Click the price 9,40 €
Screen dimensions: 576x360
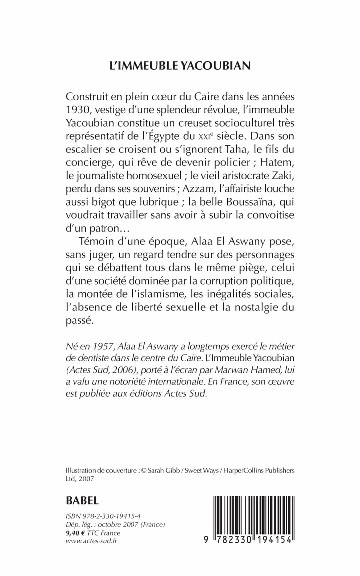[x=79, y=533]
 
